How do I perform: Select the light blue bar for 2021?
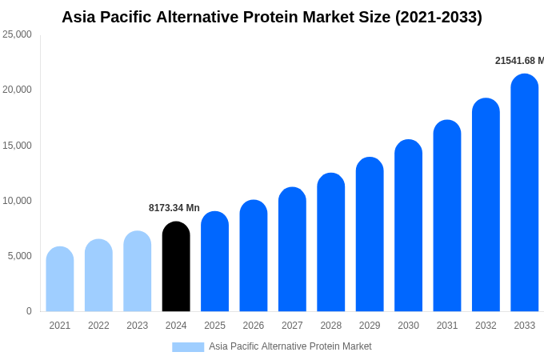[x=60, y=279]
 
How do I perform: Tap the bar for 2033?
[x=525, y=193]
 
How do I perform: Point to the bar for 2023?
[x=138, y=271]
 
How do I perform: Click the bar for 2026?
[x=254, y=256]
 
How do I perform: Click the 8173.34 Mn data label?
[x=174, y=208]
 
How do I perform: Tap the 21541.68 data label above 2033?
[x=518, y=61]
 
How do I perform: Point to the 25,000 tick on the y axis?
[x=18, y=34]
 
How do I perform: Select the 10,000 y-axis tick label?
[x=18, y=201]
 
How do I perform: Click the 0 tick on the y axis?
[x=29, y=311]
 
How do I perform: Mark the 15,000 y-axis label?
[x=18, y=146]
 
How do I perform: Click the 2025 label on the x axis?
[x=214, y=326]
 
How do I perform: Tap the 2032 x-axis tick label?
[x=486, y=326]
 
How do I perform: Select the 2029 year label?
[x=370, y=326]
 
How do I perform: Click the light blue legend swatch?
[x=188, y=346]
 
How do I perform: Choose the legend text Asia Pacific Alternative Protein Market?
[x=290, y=346]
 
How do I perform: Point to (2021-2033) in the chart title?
[x=438, y=17]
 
